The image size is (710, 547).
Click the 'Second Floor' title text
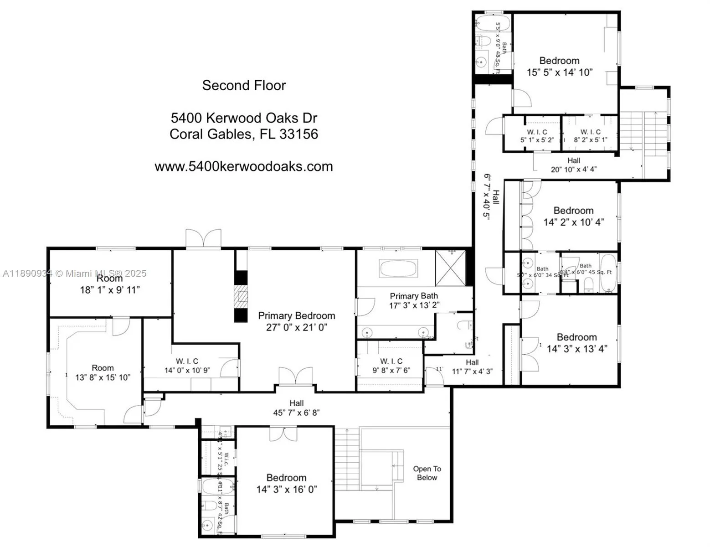[244, 86]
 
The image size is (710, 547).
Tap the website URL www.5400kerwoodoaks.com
[244, 166]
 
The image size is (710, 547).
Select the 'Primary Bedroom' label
[297, 316]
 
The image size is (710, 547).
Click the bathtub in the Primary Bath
[398, 268]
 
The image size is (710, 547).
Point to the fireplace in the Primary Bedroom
[241, 297]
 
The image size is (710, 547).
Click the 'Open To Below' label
[427, 473]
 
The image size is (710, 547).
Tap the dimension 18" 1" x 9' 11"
[110, 290]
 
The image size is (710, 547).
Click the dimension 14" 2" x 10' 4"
[574, 222]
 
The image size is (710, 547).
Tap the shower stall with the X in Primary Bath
[451, 268]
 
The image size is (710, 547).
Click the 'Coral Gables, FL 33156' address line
[244, 134]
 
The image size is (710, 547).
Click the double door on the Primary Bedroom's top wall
[203, 238]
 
